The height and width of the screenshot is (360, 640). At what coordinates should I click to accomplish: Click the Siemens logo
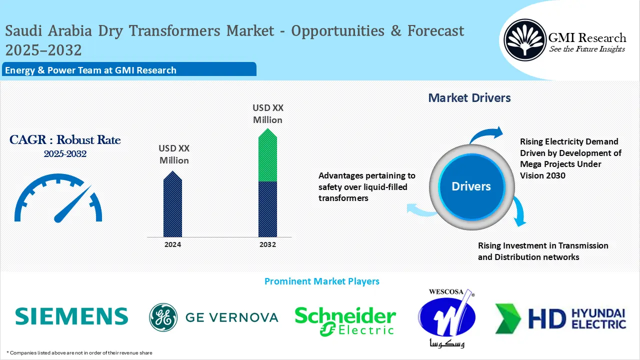(x=71, y=316)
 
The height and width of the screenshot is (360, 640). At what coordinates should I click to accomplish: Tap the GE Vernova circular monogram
(x=163, y=317)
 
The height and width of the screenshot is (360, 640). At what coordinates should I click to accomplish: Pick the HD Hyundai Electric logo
(x=560, y=318)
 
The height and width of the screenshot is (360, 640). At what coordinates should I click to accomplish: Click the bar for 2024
(x=172, y=204)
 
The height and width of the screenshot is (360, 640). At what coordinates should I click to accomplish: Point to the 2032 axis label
(x=267, y=244)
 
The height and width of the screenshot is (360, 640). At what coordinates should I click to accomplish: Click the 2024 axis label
(x=172, y=244)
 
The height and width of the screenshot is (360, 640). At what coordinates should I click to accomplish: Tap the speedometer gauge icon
(x=58, y=197)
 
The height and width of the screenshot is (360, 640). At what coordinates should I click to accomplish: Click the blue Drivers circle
(x=471, y=186)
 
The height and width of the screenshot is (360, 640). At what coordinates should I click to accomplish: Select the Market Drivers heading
(x=469, y=98)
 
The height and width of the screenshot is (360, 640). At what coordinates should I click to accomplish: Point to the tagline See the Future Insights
(x=586, y=49)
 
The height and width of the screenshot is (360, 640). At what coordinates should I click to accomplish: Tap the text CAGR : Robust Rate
(x=65, y=140)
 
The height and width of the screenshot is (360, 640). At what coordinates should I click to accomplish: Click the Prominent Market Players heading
(x=321, y=281)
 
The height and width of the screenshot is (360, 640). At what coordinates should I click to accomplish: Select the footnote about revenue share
(x=79, y=353)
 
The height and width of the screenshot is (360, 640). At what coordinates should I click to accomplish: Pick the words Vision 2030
(x=542, y=175)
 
